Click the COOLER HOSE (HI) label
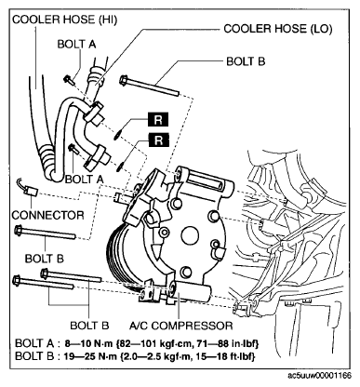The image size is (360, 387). tap(64, 20)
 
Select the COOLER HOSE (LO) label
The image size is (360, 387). tap(278, 29)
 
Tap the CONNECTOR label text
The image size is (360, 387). tap(48, 215)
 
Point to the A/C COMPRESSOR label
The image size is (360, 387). tap(180, 326)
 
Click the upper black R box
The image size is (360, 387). tap(158, 119)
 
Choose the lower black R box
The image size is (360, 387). tap(158, 140)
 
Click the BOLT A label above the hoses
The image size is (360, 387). tap(77, 44)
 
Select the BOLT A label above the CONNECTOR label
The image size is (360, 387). tap(85, 179)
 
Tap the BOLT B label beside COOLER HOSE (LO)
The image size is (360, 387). tap(246, 61)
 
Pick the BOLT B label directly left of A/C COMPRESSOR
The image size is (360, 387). tap(89, 326)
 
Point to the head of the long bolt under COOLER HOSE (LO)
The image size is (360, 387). tap(124, 80)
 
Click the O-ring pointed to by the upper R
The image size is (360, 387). tap(116, 135)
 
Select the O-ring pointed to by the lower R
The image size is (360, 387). tap(120, 167)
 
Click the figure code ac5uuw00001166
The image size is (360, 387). tap(319, 376)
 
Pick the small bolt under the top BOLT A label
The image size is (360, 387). tap(70, 80)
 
